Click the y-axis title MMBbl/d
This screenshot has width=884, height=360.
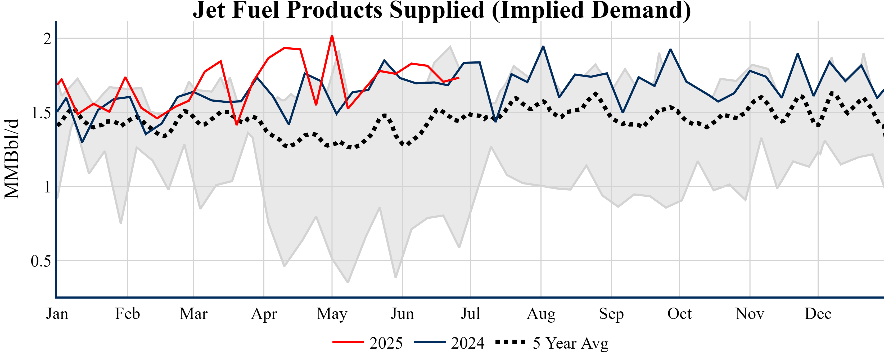(x=12, y=159)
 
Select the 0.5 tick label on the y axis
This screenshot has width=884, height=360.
(x=41, y=261)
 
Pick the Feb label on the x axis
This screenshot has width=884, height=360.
(x=127, y=314)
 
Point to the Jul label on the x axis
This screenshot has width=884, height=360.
(x=470, y=314)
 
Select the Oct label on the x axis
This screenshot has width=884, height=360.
(x=679, y=314)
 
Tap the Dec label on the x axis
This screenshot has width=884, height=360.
(x=818, y=314)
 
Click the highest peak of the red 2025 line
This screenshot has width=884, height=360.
(x=332, y=36)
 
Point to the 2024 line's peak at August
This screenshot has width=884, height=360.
(x=543, y=47)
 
